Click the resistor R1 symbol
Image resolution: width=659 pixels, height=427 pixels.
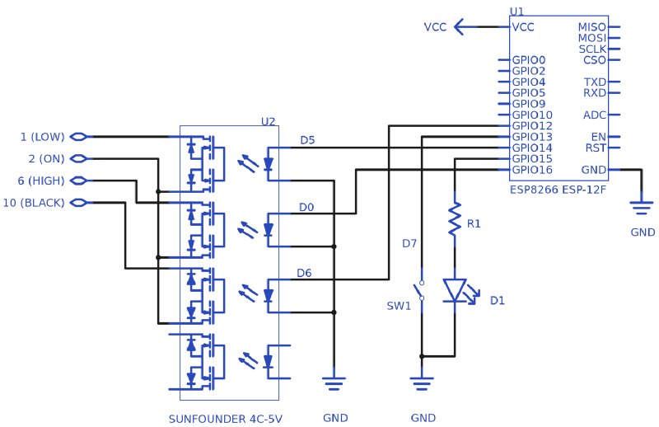point(454,220)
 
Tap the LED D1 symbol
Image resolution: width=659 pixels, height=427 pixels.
point(455,290)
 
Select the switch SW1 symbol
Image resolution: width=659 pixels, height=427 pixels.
point(421,290)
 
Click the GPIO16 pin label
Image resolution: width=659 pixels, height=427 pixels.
point(532,170)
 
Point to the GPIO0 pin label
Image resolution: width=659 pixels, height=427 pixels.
point(529,60)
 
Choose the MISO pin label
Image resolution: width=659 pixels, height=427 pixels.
point(592,27)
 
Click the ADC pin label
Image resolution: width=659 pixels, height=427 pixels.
point(595,115)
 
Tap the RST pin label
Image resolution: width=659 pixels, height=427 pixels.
point(596,148)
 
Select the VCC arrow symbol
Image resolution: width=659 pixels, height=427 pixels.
point(465,27)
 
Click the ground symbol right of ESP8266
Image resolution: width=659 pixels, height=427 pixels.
point(641,203)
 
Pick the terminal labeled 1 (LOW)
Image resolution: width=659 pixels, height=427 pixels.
point(79,137)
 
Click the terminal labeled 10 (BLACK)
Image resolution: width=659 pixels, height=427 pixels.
point(79,203)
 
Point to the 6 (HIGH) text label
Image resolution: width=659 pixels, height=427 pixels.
point(42,181)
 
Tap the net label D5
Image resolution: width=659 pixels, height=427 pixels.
point(307,140)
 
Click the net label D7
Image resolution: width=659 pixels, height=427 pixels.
point(409,243)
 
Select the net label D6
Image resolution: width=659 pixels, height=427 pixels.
point(305,273)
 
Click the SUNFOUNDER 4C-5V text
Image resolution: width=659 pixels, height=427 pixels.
point(225,419)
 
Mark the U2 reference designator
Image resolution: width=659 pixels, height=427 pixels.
point(269,121)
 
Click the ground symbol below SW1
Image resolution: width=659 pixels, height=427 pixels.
point(422,382)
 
